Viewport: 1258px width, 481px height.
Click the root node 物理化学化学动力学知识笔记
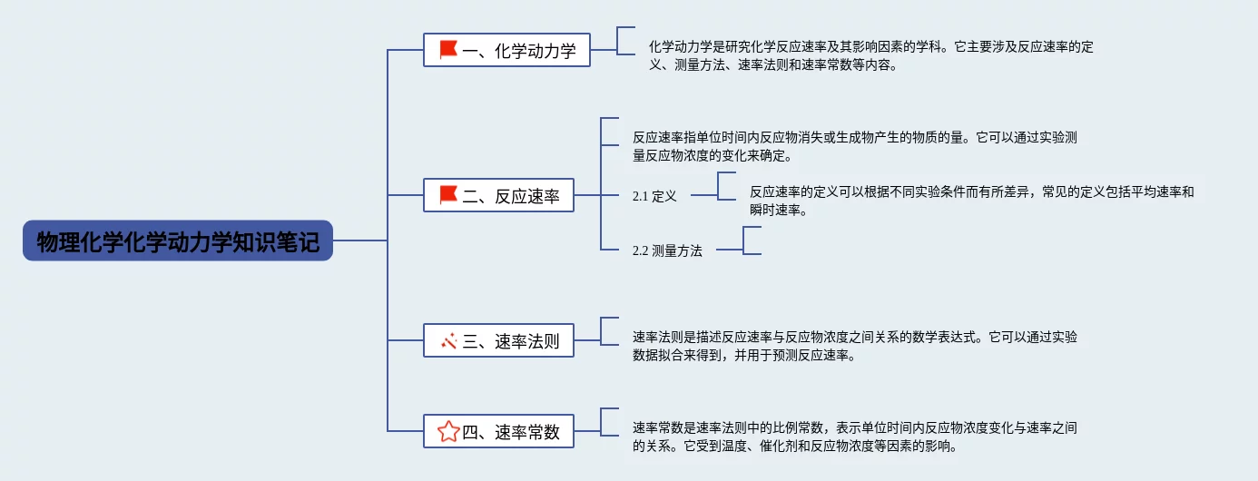click(178, 240)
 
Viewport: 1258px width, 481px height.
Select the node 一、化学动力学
click(506, 50)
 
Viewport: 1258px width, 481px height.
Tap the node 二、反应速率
click(498, 195)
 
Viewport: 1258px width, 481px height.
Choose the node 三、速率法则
click(498, 340)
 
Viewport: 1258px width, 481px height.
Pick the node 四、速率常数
click(498, 431)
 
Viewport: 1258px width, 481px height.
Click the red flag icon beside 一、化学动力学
click(448, 49)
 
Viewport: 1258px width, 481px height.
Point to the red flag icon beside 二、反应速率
click(448, 195)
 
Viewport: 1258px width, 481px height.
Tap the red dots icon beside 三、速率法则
click(448, 340)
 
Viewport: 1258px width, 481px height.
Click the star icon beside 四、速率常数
click(448, 432)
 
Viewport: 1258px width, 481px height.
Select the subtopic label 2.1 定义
click(654, 196)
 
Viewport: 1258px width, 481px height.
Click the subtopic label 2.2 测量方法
click(667, 250)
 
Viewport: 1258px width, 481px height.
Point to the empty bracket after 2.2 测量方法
click(743, 240)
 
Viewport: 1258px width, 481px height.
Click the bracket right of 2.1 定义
click(718, 186)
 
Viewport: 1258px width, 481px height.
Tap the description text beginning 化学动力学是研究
click(871, 55)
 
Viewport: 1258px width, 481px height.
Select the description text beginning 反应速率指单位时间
click(855, 146)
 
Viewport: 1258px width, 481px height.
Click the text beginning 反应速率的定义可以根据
click(971, 201)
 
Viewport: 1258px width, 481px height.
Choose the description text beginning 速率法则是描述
click(855, 346)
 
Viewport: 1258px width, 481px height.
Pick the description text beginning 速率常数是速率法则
click(855, 437)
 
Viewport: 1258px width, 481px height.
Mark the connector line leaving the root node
click(360, 240)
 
